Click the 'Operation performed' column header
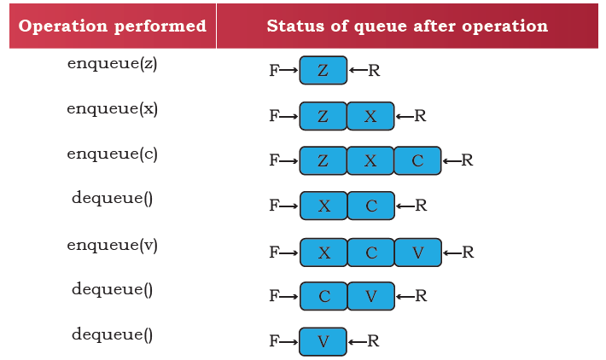pyautogui.click(x=113, y=26)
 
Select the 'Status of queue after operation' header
pyautogui.click(x=407, y=26)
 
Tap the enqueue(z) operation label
pyautogui.click(x=113, y=64)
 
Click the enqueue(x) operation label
pyautogui.click(x=113, y=109)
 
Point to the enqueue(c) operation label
pyautogui.click(x=113, y=154)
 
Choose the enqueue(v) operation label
pyautogui.click(x=113, y=246)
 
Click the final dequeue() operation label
pyautogui.click(x=113, y=334)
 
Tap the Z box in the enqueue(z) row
pyautogui.click(x=323, y=70)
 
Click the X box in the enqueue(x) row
pyautogui.click(x=370, y=116)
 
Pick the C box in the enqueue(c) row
pyautogui.click(x=417, y=160)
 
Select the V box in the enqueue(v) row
pyautogui.click(x=418, y=253)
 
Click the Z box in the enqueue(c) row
pyautogui.click(x=323, y=160)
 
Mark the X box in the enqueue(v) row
pyautogui.click(x=323, y=253)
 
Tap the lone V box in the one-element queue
pyautogui.click(x=323, y=342)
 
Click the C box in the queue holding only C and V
pyautogui.click(x=323, y=296)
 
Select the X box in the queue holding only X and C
pyautogui.click(x=323, y=206)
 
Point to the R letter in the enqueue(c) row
pyautogui.click(x=467, y=160)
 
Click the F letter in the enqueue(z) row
pyautogui.click(x=274, y=71)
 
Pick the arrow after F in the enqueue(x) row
pyautogui.click(x=288, y=116)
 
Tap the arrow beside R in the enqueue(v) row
pyautogui.click(x=452, y=253)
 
